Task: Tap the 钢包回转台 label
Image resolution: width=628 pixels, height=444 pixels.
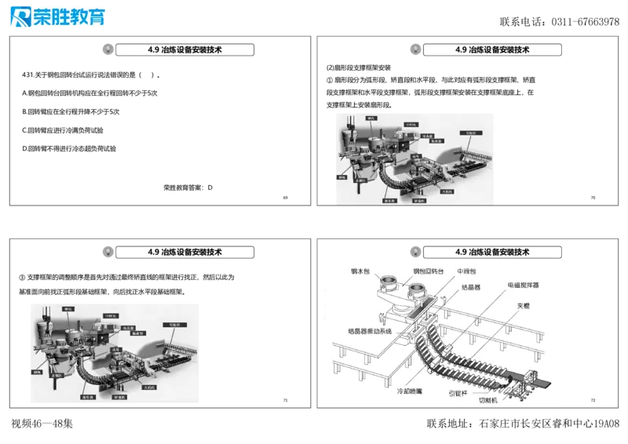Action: point(429,271)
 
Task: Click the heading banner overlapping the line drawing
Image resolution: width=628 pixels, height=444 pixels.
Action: point(491,252)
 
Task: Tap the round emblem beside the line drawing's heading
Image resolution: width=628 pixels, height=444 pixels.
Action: point(414,252)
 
